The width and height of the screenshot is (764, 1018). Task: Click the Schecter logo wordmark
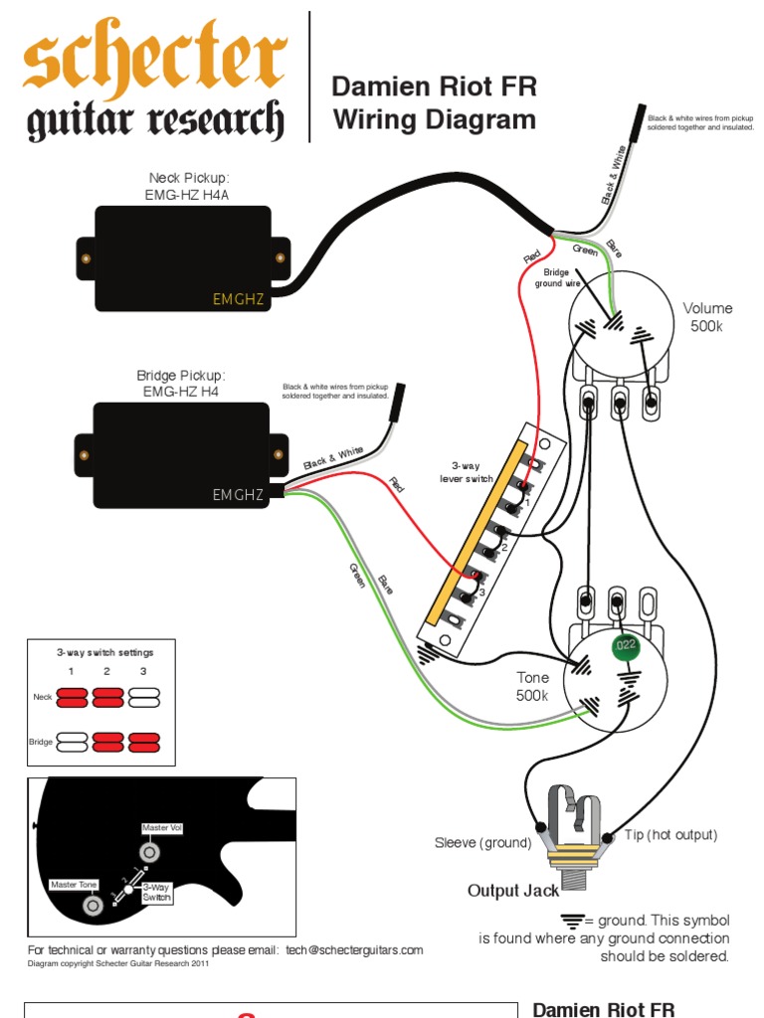pos(154,87)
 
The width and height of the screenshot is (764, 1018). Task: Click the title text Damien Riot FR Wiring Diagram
pos(434,103)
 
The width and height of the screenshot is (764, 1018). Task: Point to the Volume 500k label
pos(707,317)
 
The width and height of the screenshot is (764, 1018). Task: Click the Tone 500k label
pos(532,686)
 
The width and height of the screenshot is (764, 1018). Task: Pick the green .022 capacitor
pos(624,646)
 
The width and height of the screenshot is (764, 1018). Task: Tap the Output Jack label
pos(507,890)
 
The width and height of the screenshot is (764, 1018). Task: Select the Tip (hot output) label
pos(671,835)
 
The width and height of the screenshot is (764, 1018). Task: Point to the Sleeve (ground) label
pos(483,843)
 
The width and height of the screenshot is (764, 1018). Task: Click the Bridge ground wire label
pos(558,277)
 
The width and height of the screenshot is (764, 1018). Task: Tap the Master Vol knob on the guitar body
pos(151,852)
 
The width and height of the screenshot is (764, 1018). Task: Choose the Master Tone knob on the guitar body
pos(94,906)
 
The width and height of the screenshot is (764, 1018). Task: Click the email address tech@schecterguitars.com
pos(354,949)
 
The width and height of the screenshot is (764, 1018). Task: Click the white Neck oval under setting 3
pos(144,697)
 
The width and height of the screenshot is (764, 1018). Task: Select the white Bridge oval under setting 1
pos(72,742)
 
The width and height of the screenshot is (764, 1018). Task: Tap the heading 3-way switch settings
pos(104,652)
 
